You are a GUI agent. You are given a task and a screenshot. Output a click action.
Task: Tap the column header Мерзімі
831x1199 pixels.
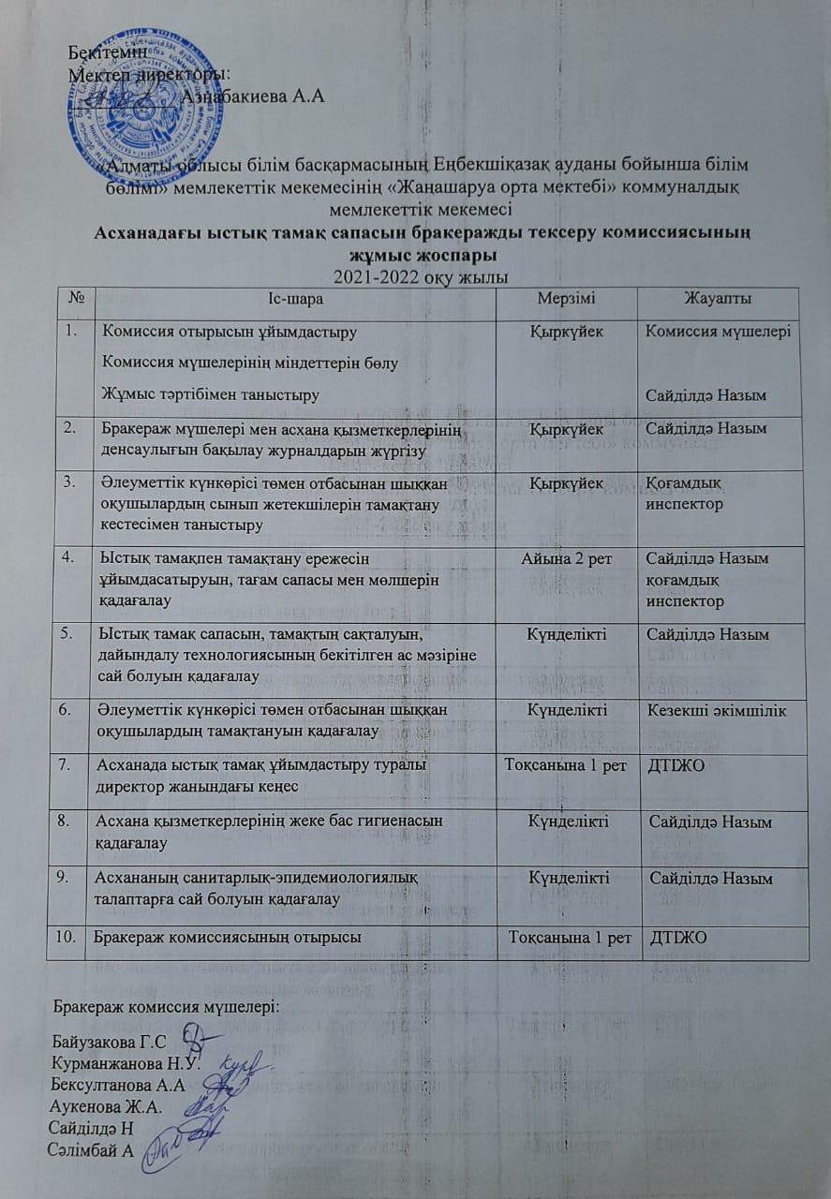tap(565, 299)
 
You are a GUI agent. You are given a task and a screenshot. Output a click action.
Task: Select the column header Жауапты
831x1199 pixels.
tap(719, 299)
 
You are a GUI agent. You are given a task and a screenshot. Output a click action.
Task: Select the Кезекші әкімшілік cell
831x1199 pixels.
tap(720, 710)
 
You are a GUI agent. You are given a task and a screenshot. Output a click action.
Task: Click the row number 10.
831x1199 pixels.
tap(69, 938)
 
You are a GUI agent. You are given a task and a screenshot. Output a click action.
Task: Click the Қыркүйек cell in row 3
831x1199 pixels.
tap(567, 482)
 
